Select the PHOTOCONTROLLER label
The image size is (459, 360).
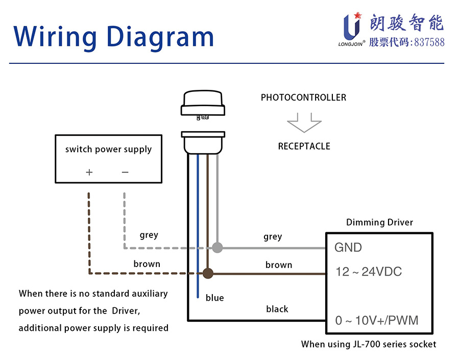pos(303,98)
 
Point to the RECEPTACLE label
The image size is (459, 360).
pos(304,147)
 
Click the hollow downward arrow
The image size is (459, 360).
pos(304,124)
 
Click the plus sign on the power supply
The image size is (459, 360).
pos(89,172)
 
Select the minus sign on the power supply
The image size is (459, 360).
pos(125,172)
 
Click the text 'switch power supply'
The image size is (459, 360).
pos(108,150)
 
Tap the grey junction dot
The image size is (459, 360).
pos(218,248)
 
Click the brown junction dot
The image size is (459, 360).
pos(207,274)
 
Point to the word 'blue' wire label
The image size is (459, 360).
pos(214,298)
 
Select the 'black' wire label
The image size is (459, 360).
pos(277,309)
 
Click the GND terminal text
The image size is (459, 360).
pos(348,248)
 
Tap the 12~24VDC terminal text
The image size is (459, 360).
pos(368,272)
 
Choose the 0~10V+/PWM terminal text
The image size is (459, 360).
pos(376,321)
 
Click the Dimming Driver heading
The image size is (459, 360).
pos(379,223)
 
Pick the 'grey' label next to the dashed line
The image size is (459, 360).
pos(149,235)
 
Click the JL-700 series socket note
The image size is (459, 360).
pos(369,344)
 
